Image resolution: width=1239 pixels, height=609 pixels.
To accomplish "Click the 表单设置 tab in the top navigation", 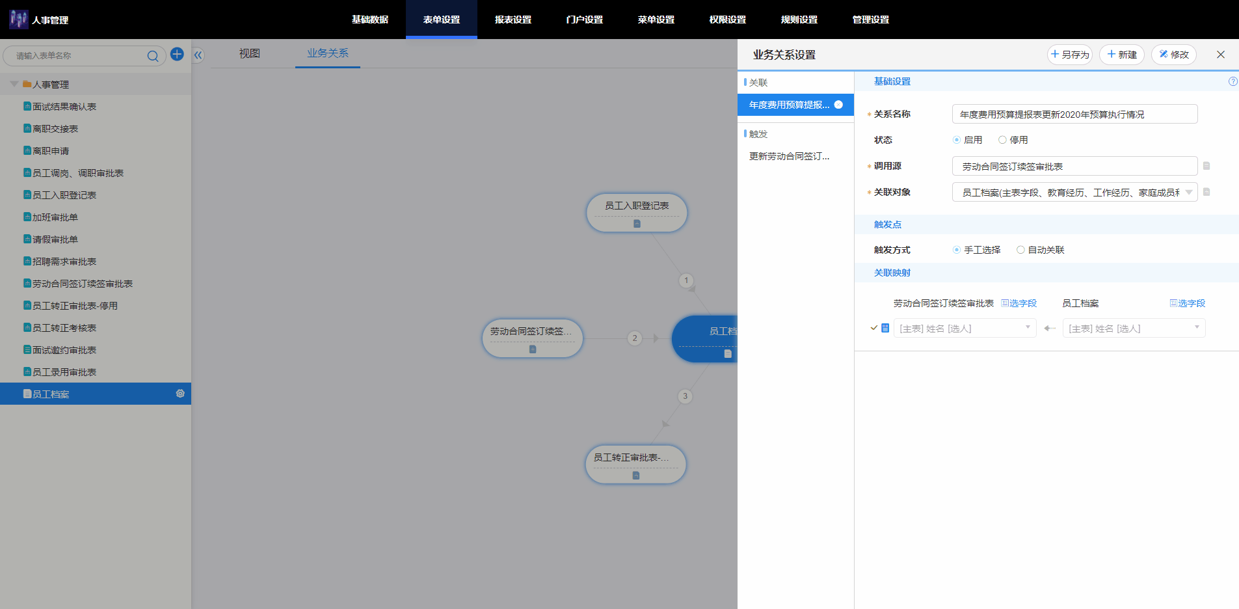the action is tap(442, 20).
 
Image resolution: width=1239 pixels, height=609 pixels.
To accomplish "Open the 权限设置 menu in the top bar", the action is tap(728, 20).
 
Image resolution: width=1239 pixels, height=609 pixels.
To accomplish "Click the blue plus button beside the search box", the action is tap(177, 54).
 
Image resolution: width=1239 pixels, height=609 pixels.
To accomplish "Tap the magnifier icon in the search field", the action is tap(153, 56).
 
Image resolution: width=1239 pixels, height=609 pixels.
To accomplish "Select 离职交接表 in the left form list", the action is tap(55, 129).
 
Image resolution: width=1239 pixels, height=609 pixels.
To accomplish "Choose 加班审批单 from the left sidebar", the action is tap(55, 217).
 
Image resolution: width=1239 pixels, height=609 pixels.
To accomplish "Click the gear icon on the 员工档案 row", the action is tap(180, 394).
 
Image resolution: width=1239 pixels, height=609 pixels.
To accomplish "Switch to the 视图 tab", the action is tap(250, 53).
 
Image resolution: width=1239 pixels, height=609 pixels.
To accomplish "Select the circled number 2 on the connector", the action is tap(635, 338).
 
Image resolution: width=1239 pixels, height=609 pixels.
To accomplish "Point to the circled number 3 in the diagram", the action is tap(685, 396).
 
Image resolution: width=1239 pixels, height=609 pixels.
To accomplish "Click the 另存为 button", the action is tap(1070, 55).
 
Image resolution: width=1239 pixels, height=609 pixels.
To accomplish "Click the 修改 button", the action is tap(1174, 55).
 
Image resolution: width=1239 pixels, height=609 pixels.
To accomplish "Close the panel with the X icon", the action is tap(1221, 55).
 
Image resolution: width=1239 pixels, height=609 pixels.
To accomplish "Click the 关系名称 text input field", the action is tap(1074, 114).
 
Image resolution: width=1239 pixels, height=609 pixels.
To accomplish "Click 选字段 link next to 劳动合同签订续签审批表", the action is tap(1019, 303).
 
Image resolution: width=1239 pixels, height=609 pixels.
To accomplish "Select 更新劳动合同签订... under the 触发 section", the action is tap(789, 156).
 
